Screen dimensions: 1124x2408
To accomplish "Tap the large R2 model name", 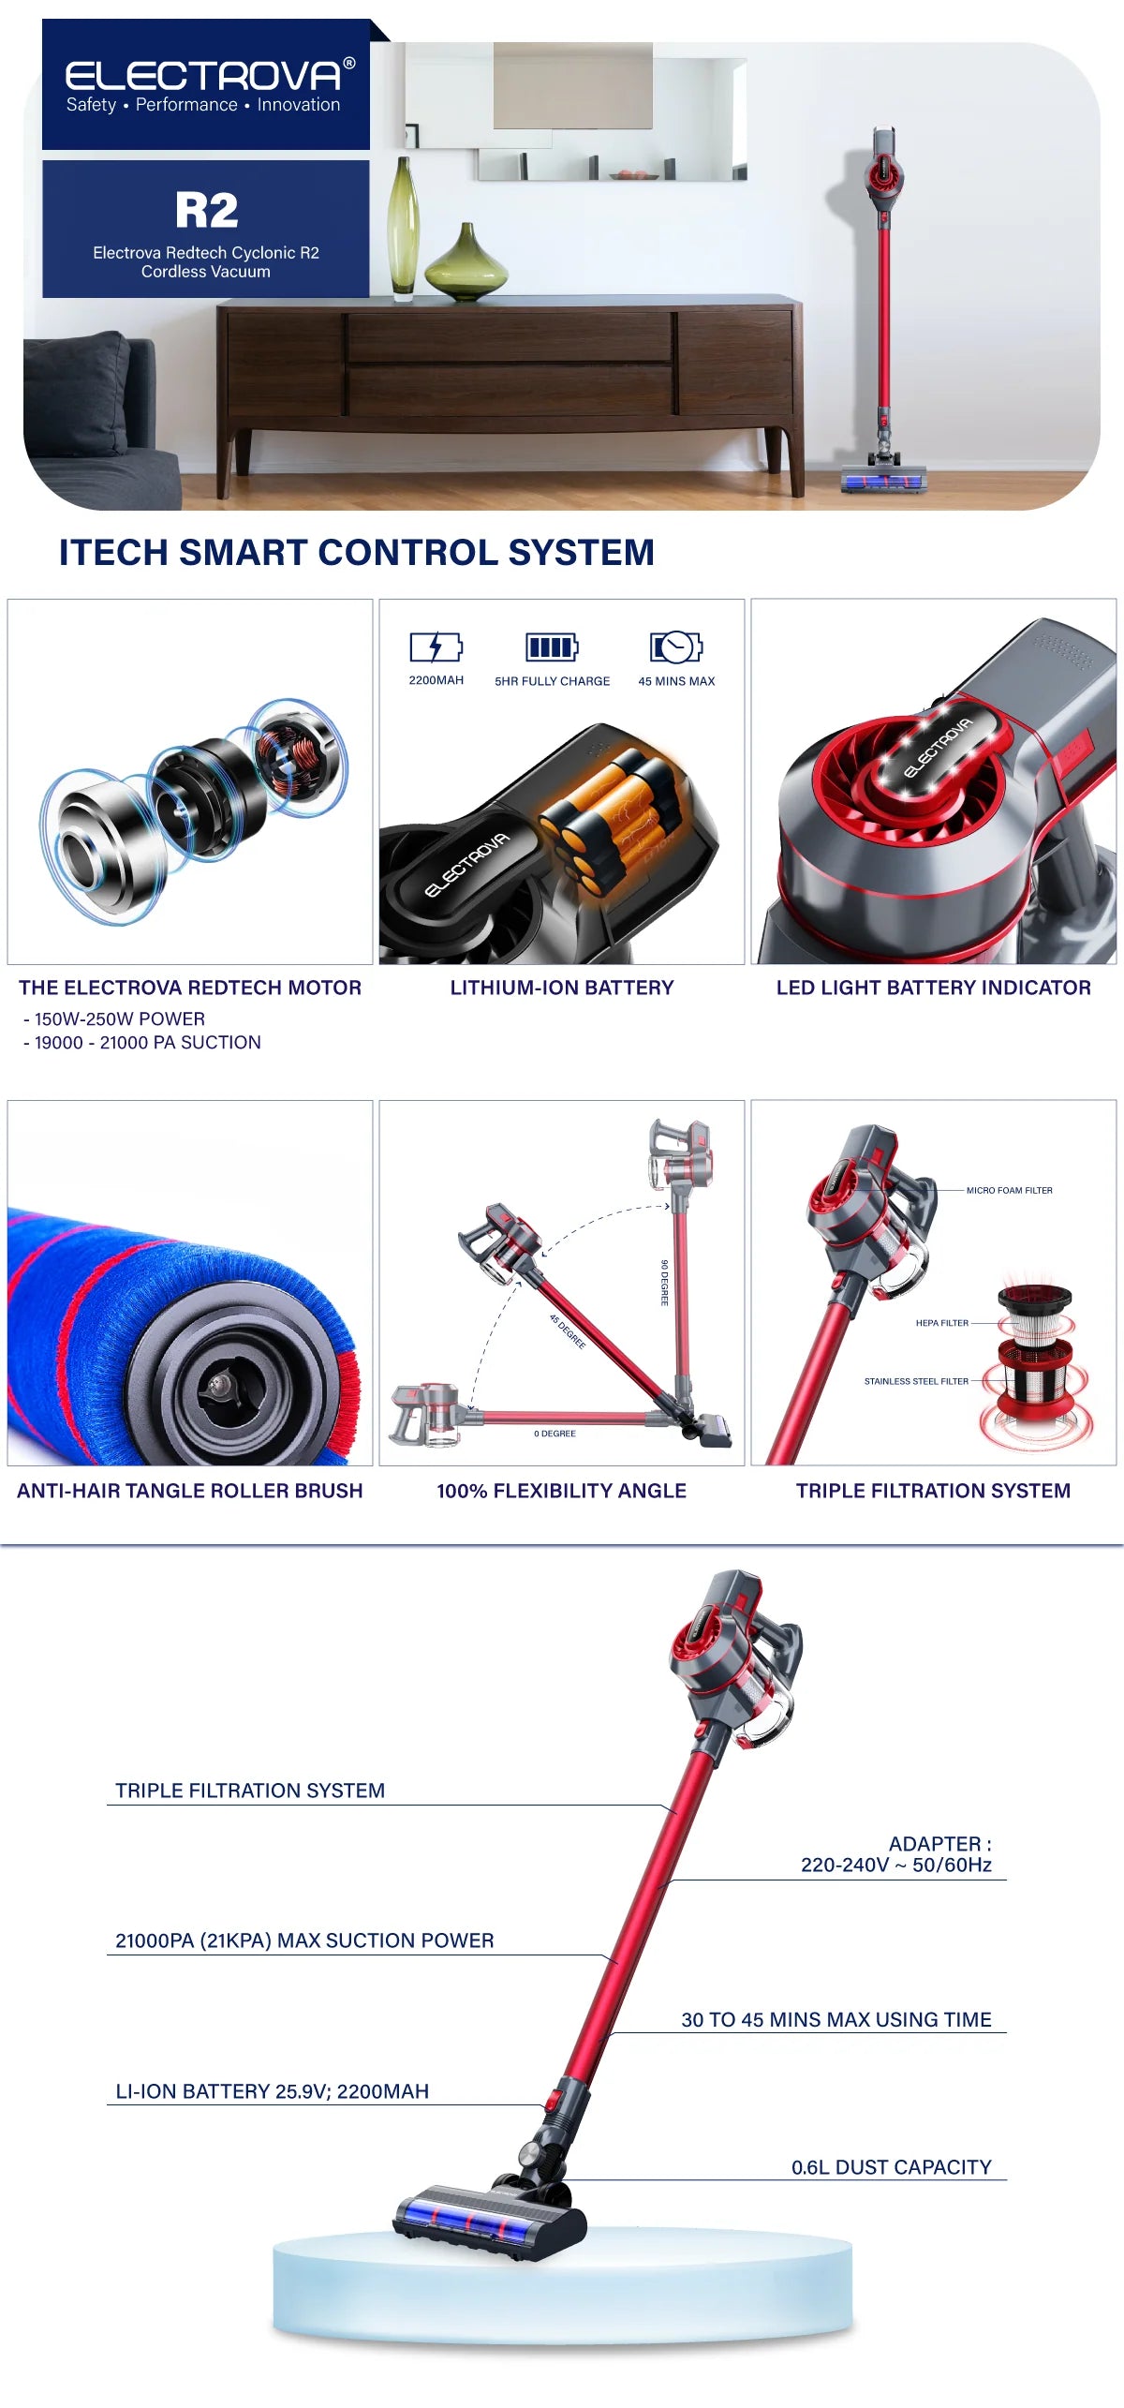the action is [x=206, y=210].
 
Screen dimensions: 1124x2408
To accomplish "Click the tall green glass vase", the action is [x=404, y=229].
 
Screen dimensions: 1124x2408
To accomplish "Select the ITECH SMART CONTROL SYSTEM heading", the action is [x=357, y=553].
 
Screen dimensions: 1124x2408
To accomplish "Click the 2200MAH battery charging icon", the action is [x=436, y=647].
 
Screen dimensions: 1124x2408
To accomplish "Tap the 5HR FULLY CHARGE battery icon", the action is [x=552, y=647].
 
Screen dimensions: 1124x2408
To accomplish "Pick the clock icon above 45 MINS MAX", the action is [x=676, y=647].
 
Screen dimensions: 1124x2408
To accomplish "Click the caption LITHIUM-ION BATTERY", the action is [x=562, y=988].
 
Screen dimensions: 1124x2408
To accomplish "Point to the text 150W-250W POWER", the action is [x=119, y=1018].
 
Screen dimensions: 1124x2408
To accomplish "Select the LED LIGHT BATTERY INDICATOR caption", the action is [x=934, y=988].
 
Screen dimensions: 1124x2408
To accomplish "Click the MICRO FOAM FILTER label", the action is [x=1009, y=1190].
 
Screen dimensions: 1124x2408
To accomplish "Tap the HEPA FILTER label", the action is [x=942, y=1323].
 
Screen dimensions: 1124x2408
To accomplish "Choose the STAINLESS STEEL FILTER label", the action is [x=916, y=1381].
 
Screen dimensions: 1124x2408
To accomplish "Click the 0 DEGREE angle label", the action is [x=555, y=1434].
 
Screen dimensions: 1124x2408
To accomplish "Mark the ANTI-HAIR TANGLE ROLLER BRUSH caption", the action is [x=190, y=1491].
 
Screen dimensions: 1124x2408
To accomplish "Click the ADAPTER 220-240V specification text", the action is [x=896, y=1854].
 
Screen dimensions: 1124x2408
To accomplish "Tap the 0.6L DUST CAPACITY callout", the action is [x=892, y=2167].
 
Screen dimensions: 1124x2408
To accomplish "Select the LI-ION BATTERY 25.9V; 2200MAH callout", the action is [x=272, y=2091].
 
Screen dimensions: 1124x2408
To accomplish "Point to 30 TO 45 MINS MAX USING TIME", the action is [x=836, y=2019].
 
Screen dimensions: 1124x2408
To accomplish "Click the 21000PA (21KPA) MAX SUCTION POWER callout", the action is [x=304, y=1940].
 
